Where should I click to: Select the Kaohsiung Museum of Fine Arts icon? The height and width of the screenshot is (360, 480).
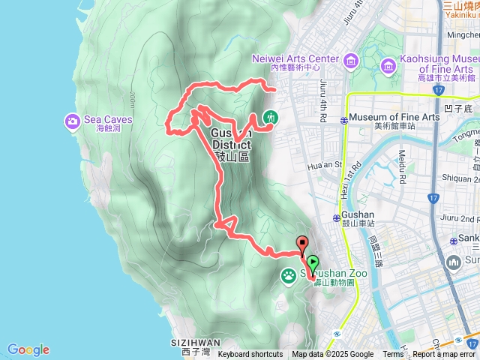(389, 67)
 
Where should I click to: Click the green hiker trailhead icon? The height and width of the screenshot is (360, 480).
(270, 118)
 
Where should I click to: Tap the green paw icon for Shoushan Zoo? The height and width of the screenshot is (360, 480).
(289, 276)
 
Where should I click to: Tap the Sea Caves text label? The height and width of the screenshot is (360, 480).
(108, 120)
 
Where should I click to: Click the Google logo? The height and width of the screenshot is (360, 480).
(28, 349)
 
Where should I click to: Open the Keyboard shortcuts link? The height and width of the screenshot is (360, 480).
(250, 355)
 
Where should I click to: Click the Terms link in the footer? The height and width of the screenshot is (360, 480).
(393, 355)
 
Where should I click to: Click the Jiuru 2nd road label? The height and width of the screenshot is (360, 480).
(460, 219)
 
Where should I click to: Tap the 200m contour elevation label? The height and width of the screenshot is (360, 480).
(132, 98)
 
